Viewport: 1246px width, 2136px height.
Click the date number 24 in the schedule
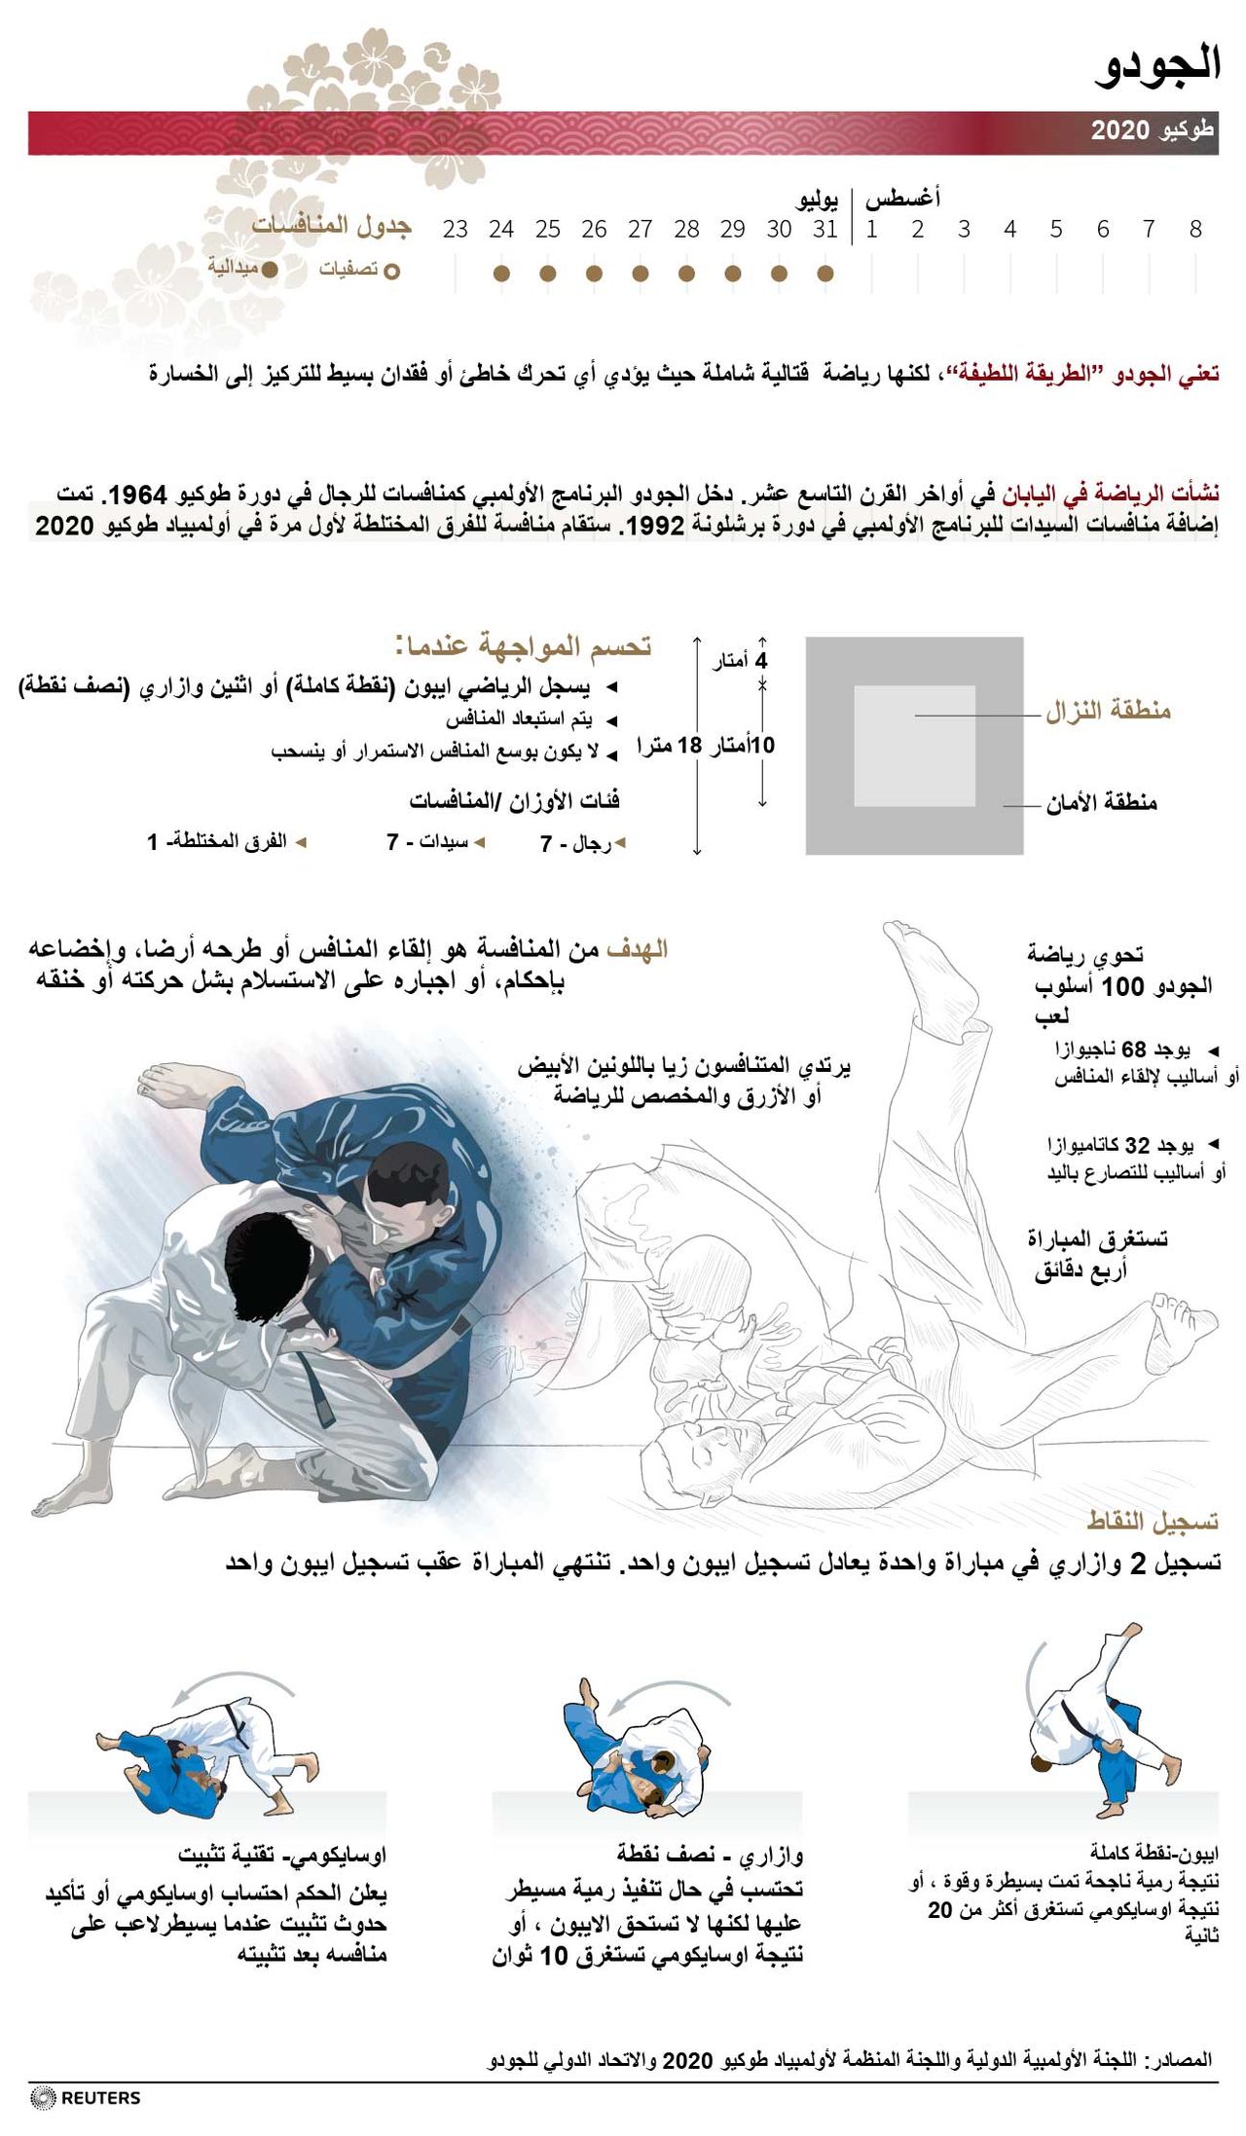[501, 230]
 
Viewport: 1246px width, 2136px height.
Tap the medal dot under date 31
[825, 274]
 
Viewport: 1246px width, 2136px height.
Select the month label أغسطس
[902, 199]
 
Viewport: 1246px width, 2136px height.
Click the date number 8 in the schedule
[1195, 230]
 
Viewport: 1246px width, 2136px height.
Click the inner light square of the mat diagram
[914, 746]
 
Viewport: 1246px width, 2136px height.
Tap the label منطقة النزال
[1108, 711]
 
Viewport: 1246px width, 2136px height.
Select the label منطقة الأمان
[1101, 803]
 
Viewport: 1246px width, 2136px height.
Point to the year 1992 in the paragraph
[654, 527]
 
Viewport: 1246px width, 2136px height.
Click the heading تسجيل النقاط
[1153, 1521]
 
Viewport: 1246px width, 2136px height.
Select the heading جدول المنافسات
[332, 226]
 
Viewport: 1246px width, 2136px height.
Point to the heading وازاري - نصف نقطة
[710, 1856]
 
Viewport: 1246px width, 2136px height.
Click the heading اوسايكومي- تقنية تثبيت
[282, 1856]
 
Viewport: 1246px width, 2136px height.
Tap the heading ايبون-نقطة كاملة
[1154, 1852]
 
